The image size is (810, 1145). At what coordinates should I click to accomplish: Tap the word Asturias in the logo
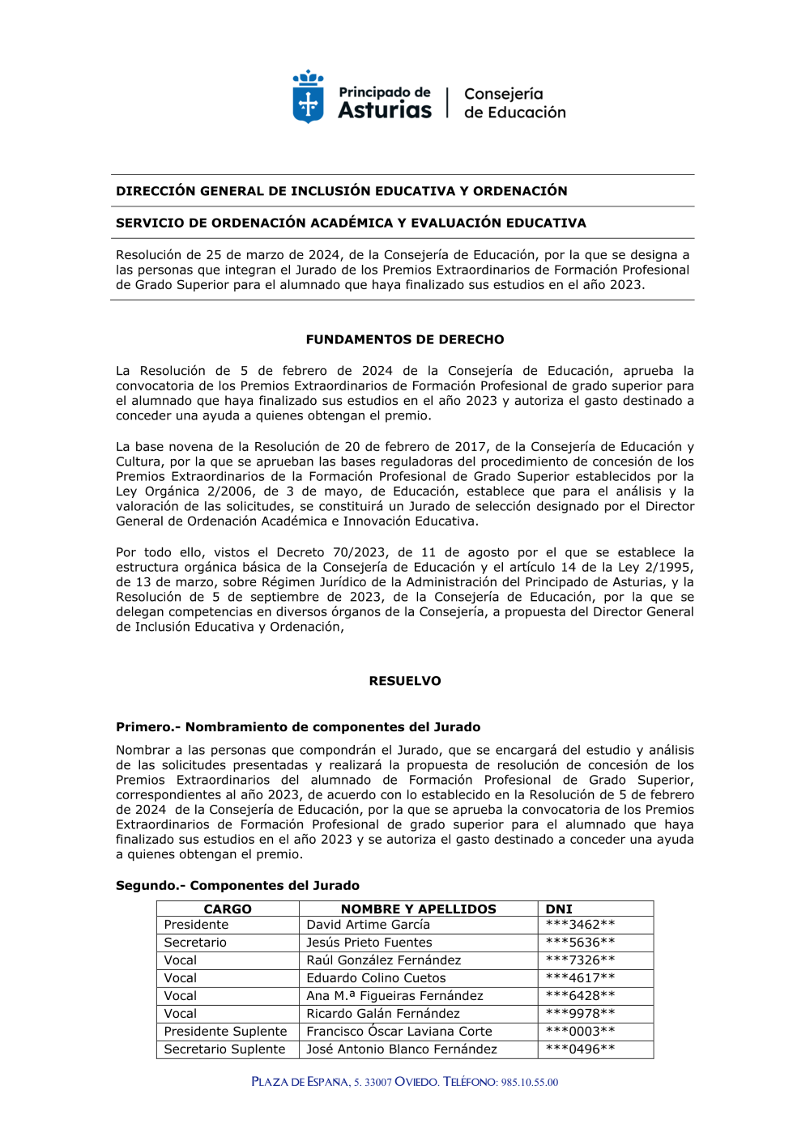[385, 111]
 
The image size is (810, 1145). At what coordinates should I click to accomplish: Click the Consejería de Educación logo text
[514, 104]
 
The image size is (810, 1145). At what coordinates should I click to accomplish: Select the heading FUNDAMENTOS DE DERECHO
[405, 339]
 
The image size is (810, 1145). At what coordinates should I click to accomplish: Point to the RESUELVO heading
[405, 681]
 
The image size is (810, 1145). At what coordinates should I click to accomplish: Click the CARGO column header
[228, 909]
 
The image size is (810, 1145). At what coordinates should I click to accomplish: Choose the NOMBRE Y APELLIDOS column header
[418, 909]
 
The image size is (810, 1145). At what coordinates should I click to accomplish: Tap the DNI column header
[559, 909]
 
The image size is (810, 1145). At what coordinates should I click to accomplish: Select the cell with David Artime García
[369, 925]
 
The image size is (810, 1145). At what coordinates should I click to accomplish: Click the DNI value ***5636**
[580, 943]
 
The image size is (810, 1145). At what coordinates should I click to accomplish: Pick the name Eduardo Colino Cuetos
[376, 978]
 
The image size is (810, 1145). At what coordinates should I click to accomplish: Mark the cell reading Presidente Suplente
[225, 1032]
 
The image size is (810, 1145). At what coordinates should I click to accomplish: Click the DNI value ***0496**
[580, 1049]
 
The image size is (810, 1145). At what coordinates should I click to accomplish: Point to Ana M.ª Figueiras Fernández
[394, 996]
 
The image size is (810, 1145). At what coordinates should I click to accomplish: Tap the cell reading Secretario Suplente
[224, 1049]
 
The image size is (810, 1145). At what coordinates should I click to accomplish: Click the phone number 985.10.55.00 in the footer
[530, 1083]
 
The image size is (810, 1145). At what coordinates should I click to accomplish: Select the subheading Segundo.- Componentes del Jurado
[237, 886]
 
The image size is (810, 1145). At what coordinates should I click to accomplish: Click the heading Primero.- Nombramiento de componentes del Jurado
[298, 727]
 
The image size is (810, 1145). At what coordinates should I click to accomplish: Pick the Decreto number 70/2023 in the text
[359, 552]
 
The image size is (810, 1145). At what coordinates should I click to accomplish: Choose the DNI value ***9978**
[580, 1014]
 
